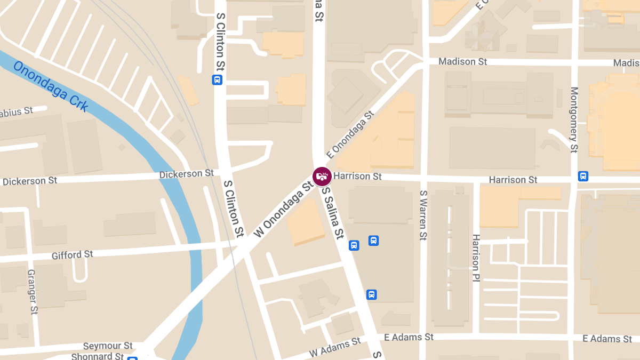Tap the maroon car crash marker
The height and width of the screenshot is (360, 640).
[322, 176]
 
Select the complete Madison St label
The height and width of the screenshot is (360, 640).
[462, 62]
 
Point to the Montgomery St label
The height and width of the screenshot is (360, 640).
[574, 119]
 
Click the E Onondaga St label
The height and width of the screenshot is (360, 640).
[350, 134]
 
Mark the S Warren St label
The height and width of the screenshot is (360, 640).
[423, 215]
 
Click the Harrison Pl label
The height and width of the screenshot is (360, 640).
[476, 258]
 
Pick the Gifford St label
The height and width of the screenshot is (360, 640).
[72, 255]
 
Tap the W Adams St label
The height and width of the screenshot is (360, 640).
[334, 348]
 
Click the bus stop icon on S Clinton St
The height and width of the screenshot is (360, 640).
[217, 80]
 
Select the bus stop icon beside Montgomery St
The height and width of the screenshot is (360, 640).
[583, 176]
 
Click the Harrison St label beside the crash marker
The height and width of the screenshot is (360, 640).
[358, 176]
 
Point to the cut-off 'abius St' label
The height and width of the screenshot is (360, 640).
[17, 112]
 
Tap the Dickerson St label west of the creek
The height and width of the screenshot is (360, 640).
[30, 181]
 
